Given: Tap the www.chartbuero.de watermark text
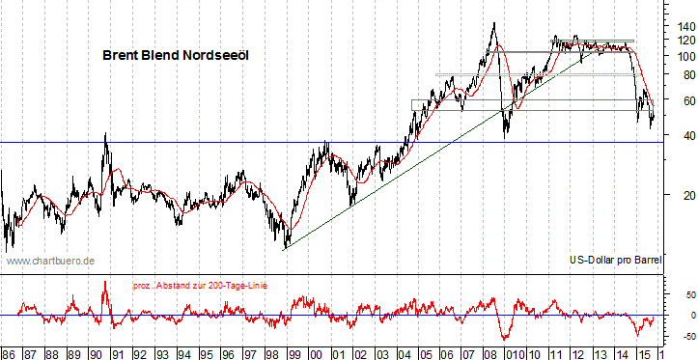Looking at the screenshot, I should coord(49,261).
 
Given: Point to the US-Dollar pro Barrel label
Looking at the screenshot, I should coord(614,261).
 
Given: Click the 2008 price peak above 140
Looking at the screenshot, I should coord(493,23).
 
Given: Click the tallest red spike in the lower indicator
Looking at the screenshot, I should coord(104,282).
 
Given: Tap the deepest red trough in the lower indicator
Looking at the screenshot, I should coord(504,340).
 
